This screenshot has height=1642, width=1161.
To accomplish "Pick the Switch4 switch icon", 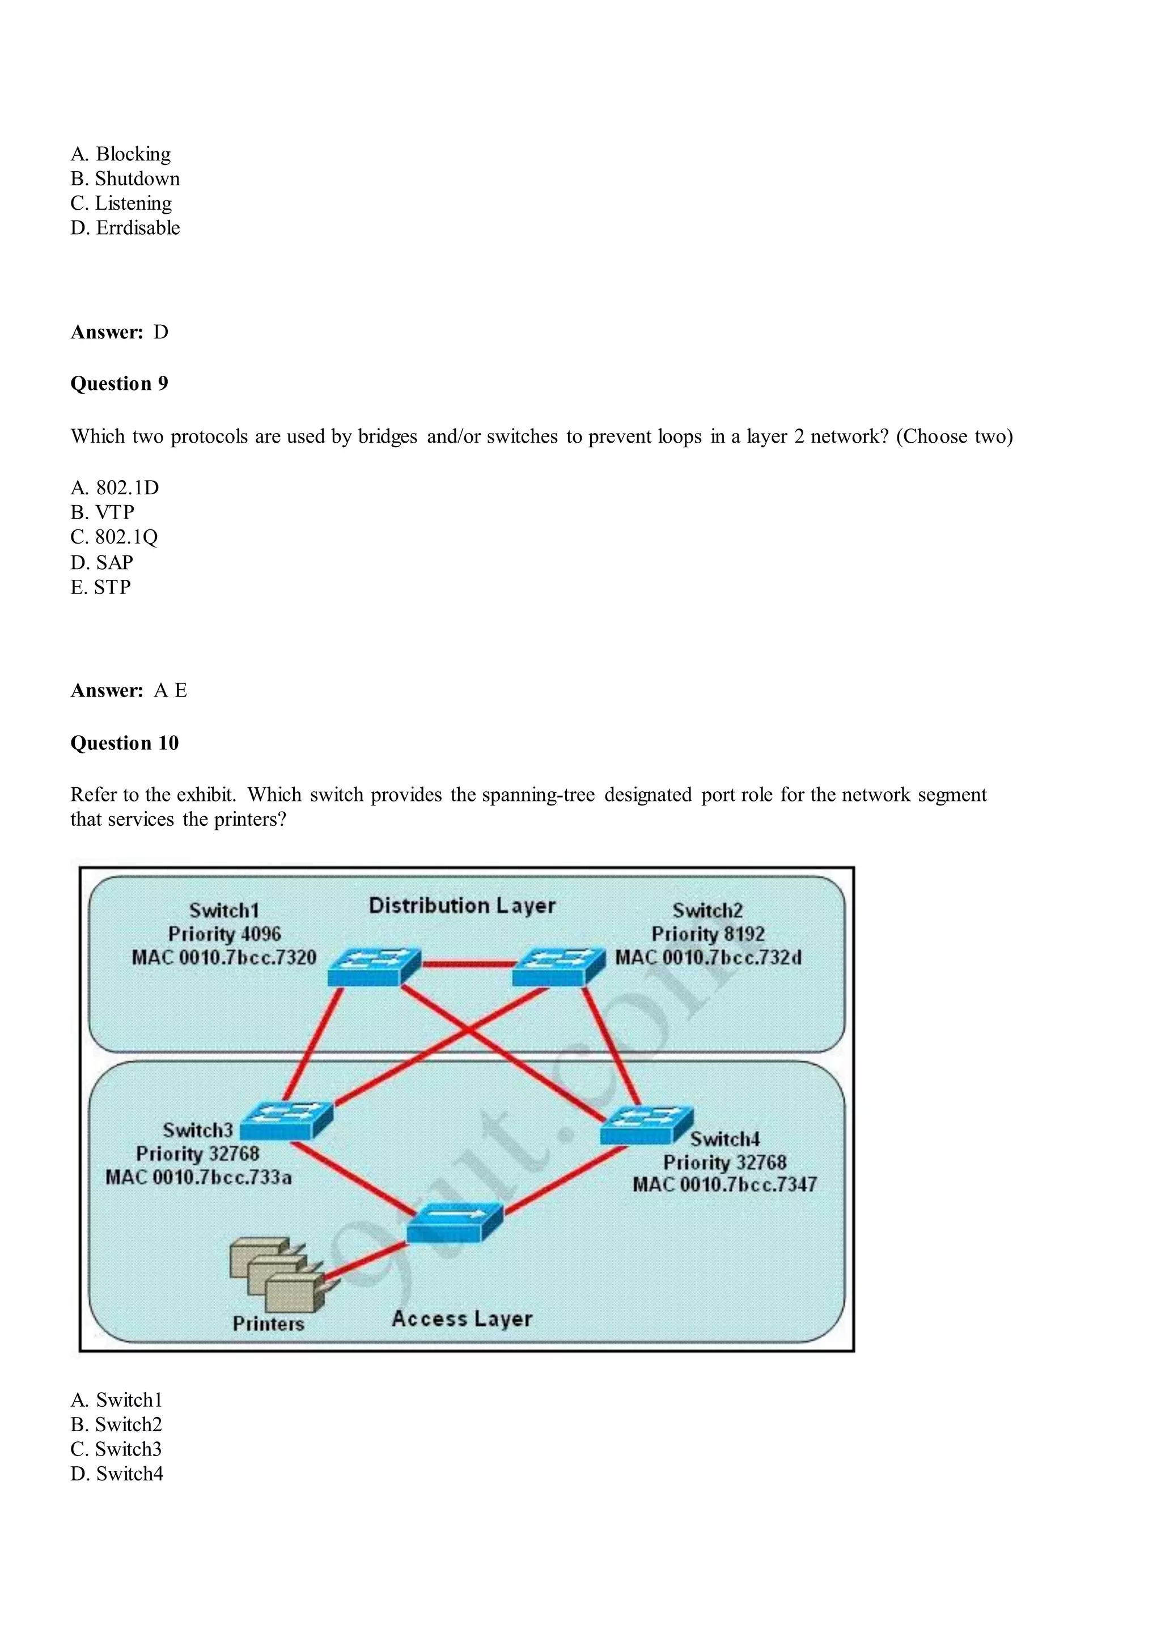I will pyautogui.click(x=646, y=1125).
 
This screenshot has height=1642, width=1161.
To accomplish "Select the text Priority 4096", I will pyautogui.click(x=224, y=934).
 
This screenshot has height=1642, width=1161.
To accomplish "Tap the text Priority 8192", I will pyautogui.click(x=707, y=934).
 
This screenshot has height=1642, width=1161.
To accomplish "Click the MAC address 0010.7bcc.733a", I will pyautogui.click(x=198, y=1177).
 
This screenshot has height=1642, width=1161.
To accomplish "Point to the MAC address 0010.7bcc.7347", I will pyautogui.click(x=724, y=1184).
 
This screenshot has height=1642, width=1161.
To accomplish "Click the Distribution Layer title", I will pyautogui.click(x=462, y=905).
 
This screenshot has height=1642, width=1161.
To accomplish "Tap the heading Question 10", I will pyautogui.click(x=125, y=743).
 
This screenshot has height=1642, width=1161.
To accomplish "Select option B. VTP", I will pyautogui.click(x=102, y=512).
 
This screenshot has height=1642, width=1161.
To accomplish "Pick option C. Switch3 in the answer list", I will pyautogui.click(x=116, y=1449).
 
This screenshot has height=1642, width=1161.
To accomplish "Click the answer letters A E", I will pyautogui.click(x=170, y=691).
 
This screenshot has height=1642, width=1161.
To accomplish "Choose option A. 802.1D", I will pyautogui.click(x=115, y=488).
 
